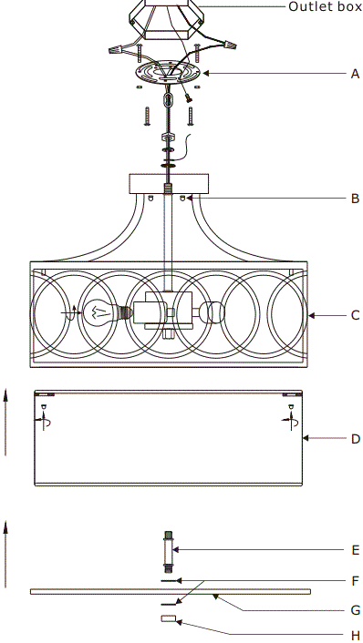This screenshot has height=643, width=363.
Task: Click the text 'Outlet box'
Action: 325,7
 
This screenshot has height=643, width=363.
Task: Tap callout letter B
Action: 356,197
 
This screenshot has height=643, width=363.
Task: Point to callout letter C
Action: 356,316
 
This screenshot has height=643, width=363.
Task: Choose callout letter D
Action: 356,439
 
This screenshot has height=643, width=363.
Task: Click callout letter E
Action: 356,550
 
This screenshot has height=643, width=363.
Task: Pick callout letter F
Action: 356,579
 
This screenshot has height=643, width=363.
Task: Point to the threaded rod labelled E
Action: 168,550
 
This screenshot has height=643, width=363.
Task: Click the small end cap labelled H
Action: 167,618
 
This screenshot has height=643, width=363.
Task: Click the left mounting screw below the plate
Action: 146,117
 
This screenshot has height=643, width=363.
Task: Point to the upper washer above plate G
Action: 168,579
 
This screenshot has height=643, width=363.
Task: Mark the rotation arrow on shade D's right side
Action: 291,421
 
